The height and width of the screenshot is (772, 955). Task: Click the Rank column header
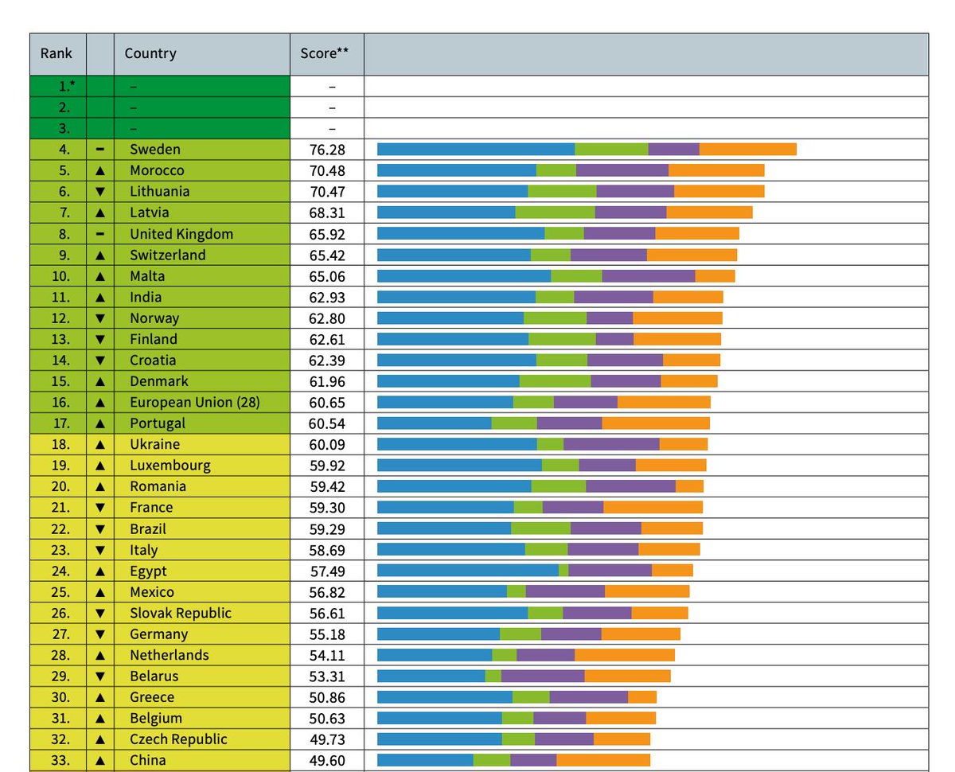[57, 54]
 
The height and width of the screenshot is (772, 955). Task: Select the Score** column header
[326, 54]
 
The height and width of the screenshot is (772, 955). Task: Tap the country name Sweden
[155, 149]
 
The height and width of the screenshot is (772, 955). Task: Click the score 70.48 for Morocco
[327, 170]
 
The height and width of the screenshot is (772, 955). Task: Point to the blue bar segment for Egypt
[467, 570]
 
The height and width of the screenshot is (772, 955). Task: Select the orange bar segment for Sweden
[747, 149]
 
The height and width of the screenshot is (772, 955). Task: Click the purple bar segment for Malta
[648, 275]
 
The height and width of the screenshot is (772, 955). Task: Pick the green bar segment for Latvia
[555, 212]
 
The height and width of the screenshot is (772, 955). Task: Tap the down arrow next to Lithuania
[100, 192]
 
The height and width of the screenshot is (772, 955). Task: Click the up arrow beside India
[100, 297]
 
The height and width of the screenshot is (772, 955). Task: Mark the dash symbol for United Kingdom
[100, 234]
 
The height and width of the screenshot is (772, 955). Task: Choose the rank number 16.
[64, 402]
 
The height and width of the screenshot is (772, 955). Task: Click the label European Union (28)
[195, 402]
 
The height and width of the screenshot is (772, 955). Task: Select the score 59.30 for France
[327, 507]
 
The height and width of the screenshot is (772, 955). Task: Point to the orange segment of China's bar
[602, 759]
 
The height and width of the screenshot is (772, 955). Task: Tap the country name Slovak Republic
[181, 613]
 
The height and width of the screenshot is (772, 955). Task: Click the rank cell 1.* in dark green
[57, 86]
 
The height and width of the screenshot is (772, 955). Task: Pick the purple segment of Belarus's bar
[543, 676]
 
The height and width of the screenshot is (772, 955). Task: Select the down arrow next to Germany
[100, 634]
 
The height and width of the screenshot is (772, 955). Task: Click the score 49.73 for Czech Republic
[327, 739]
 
